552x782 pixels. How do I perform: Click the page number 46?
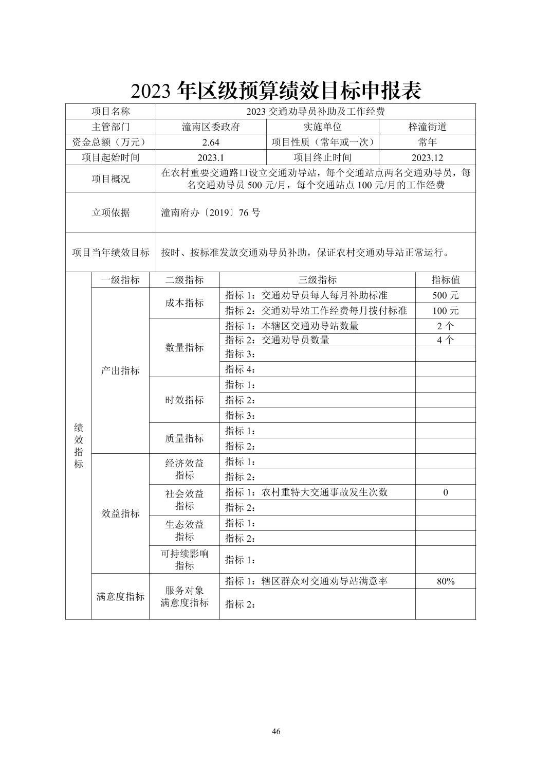point(276,732)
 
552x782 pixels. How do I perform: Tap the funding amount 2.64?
point(211,143)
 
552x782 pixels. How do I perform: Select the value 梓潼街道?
point(427,127)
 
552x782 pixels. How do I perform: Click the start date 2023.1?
point(211,158)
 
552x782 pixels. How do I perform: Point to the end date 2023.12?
point(427,158)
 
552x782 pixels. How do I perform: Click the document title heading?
point(276,91)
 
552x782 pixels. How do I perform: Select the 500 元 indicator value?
point(445,295)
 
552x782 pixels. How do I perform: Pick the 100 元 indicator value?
point(445,311)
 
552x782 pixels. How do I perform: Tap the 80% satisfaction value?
point(445,581)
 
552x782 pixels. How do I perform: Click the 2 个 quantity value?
point(445,326)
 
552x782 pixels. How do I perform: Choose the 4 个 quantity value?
point(445,340)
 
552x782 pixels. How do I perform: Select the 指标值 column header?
point(445,280)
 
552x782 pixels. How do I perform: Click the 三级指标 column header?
point(317,280)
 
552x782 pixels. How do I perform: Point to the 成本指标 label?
point(184,303)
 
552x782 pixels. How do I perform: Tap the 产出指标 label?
point(120,371)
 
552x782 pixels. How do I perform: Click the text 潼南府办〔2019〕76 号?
point(211,212)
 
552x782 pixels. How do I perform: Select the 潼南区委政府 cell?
point(211,127)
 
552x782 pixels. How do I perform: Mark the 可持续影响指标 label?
point(184,560)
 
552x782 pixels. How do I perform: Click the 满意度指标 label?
point(120,597)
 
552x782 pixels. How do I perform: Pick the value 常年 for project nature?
point(427,143)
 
